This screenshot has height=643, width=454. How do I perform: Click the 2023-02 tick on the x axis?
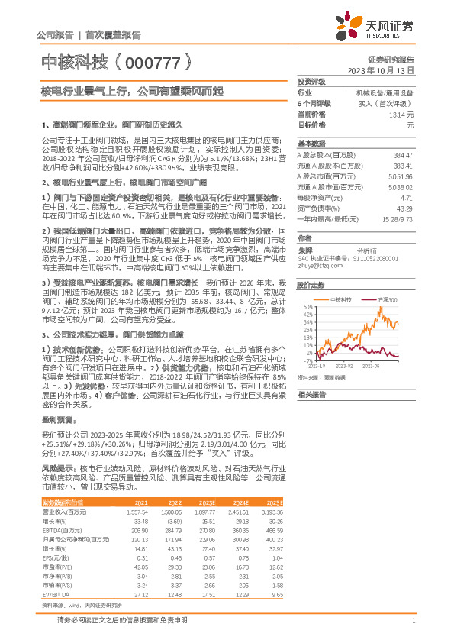pyautogui.click(x=342, y=366)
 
